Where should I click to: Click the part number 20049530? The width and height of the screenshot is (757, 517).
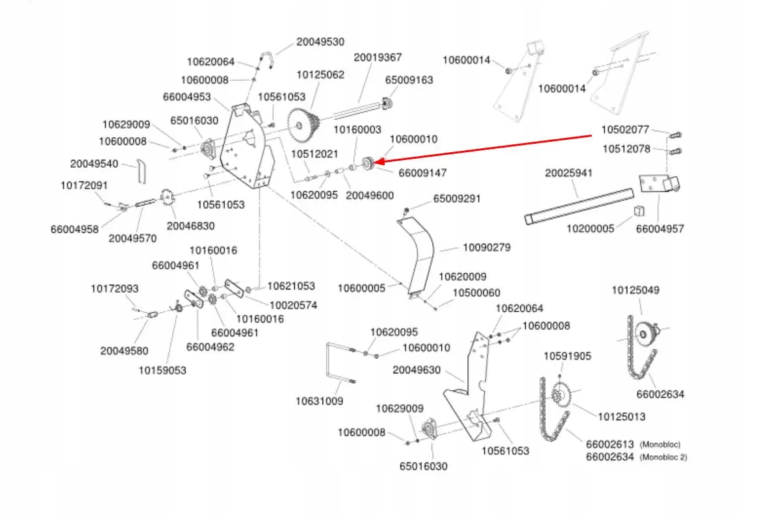pyautogui.click(x=320, y=42)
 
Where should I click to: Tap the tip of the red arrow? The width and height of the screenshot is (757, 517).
pyautogui.click(x=374, y=163)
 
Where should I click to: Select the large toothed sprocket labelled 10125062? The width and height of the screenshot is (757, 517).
pyautogui.click(x=303, y=125)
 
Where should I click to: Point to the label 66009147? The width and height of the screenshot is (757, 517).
pyautogui.click(x=422, y=173)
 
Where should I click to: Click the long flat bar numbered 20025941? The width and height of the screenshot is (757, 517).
pyautogui.click(x=579, y=206)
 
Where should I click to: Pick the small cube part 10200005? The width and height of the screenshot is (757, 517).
pyautogui.click(x=639, y=211)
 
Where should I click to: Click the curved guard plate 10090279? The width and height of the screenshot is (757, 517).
pyautogui.click(x=416, y=256)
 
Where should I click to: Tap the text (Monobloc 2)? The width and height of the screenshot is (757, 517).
pyautogui.click(x=663, y=457)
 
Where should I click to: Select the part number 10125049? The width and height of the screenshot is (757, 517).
pyautogui.click(x=635, y=290)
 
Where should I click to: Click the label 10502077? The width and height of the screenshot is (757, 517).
pyautogui.click(x=624, y=129)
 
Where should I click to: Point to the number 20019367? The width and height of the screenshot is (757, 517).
pyautogui.click(x=378, y=57)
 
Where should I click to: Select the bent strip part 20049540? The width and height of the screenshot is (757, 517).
pyautogui.click(x=141, y=172)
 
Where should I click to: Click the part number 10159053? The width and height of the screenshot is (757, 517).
pyautogui.click(x=162, y=371)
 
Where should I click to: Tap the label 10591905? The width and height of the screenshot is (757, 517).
pyautogui.click(x=567, y=356)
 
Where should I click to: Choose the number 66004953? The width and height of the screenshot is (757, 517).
pyautogui.click(x=187, y=97)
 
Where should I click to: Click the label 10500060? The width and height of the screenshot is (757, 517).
pyautogui.click(x=476, y=293)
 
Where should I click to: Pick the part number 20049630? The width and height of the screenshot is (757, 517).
pyautogui.click(x=417, y=370)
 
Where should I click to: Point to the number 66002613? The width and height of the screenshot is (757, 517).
pyautogui.click(x=609, y=444)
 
